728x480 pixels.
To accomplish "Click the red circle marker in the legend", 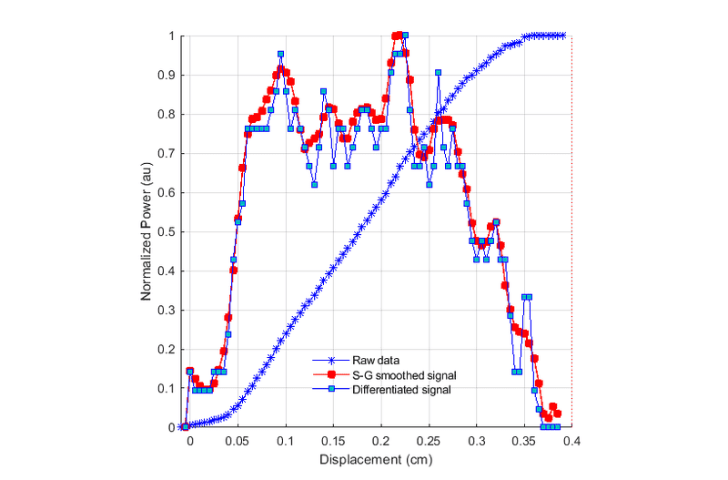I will pyautogui.click(x=332, y=374).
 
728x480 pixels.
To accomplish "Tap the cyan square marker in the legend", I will pyautogui.click(x=332, y=389).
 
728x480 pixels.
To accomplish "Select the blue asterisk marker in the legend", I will pyautogui.click(x=332, y=360).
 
